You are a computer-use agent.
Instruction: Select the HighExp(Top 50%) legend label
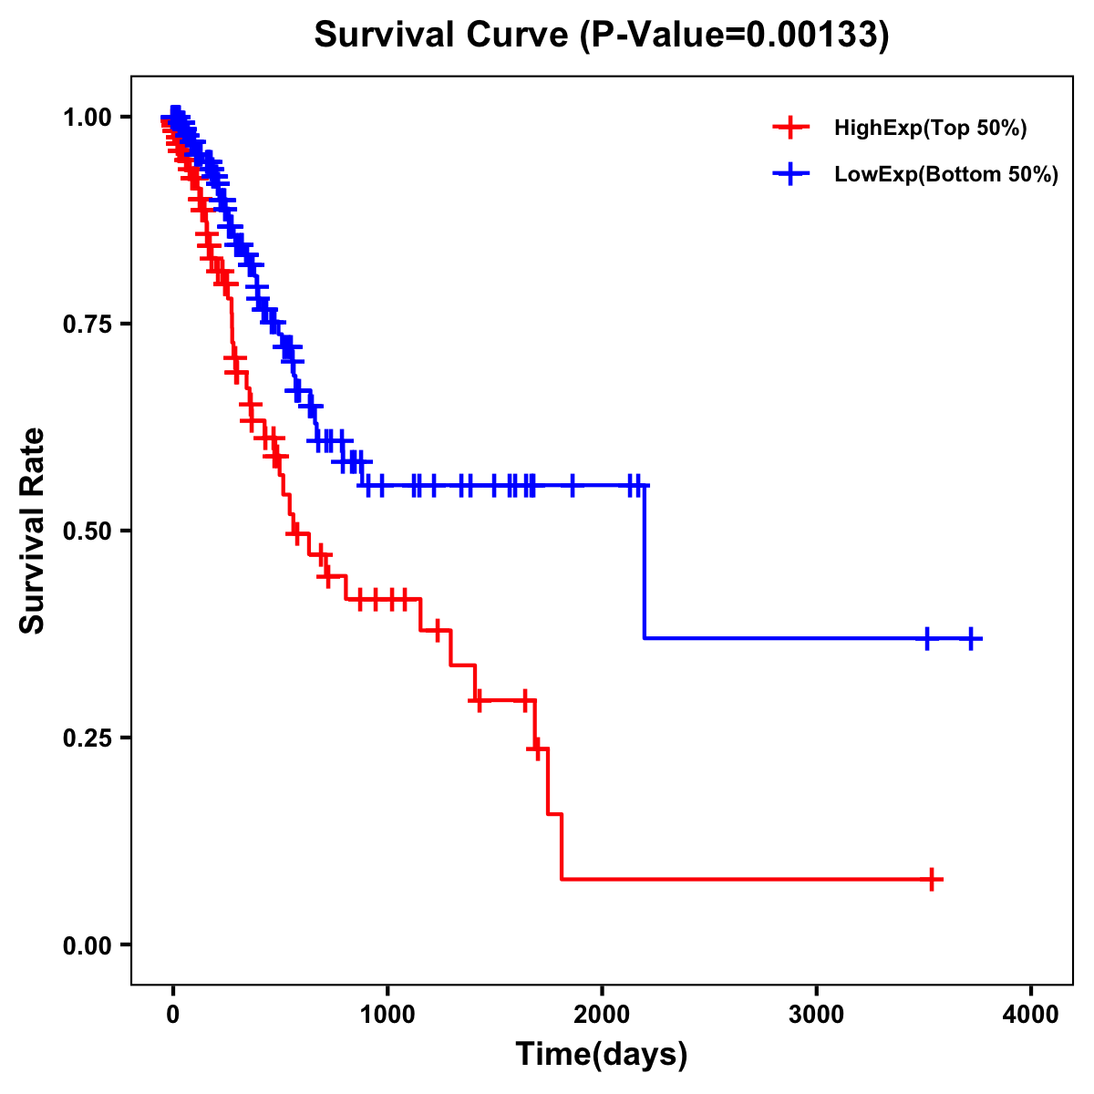930,129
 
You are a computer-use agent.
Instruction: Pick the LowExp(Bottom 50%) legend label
946,175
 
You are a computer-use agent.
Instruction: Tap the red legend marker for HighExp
790,129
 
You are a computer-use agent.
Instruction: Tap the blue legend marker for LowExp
790,175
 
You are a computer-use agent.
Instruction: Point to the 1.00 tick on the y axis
87,118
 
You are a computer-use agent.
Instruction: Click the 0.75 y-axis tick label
87,325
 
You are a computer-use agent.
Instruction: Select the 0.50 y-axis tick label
87,532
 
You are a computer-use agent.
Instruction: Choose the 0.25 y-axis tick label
87,738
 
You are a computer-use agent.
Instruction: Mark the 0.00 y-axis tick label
87,945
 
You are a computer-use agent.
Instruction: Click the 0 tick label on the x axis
173,1015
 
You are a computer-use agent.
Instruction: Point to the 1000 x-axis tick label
387,1015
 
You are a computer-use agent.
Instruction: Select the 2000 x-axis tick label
602,1015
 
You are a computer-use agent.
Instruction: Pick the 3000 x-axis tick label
817,1015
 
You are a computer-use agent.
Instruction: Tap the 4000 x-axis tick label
1031,1015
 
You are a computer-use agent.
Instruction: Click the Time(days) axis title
602,1055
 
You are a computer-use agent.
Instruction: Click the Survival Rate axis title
33,531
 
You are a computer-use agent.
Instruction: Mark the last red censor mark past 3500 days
932,880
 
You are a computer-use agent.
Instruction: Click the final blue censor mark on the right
972,639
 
